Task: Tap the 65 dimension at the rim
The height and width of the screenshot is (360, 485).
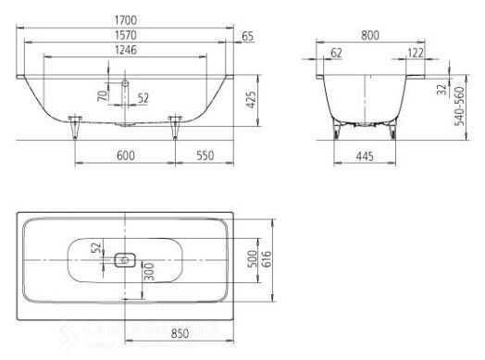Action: click(247, 36)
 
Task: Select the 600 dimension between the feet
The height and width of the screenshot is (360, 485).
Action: click(125, 155)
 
